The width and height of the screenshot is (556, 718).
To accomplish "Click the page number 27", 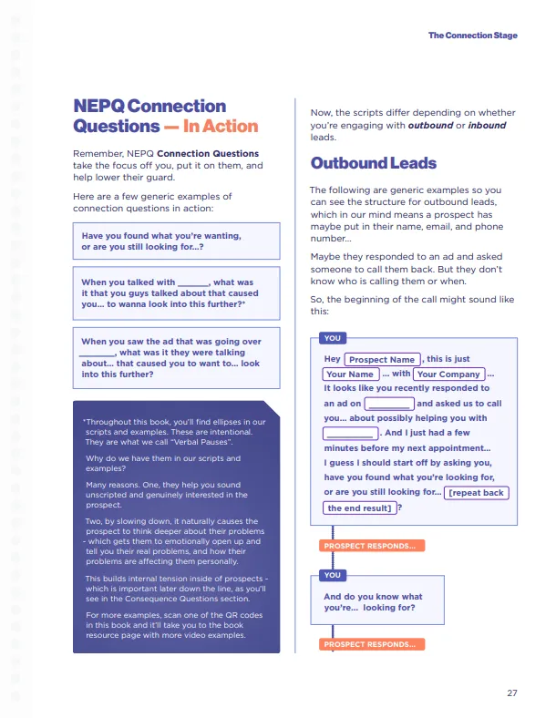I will (512, 693).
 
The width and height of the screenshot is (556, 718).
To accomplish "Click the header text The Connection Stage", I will (473, 36).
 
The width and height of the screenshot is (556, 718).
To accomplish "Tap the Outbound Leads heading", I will (374, 164).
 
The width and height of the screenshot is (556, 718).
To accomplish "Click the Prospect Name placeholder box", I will (382, 360).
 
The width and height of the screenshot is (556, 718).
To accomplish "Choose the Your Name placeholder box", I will (350, 374).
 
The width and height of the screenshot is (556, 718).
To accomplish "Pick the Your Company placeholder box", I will (448, 374).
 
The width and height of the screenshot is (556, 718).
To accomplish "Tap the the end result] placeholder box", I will (360, 508).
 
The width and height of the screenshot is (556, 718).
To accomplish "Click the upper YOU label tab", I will (333, 338).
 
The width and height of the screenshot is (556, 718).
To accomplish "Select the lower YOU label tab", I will (333, 575).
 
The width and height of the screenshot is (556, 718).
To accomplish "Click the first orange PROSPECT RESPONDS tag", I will (369, 546).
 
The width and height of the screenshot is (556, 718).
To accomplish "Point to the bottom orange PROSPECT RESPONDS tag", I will (369, 644).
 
